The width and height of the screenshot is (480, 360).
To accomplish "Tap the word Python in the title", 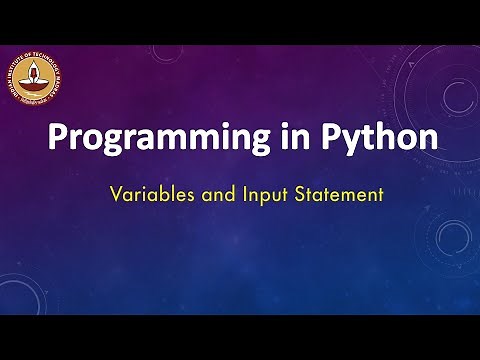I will [x=378, y=140].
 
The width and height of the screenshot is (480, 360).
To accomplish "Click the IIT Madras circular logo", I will [x=44, y=79].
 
